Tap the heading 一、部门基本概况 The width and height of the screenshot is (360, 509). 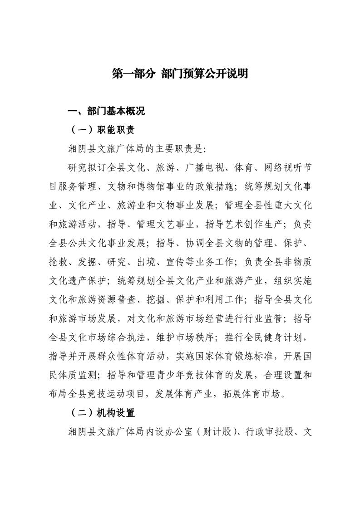(106, 112)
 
